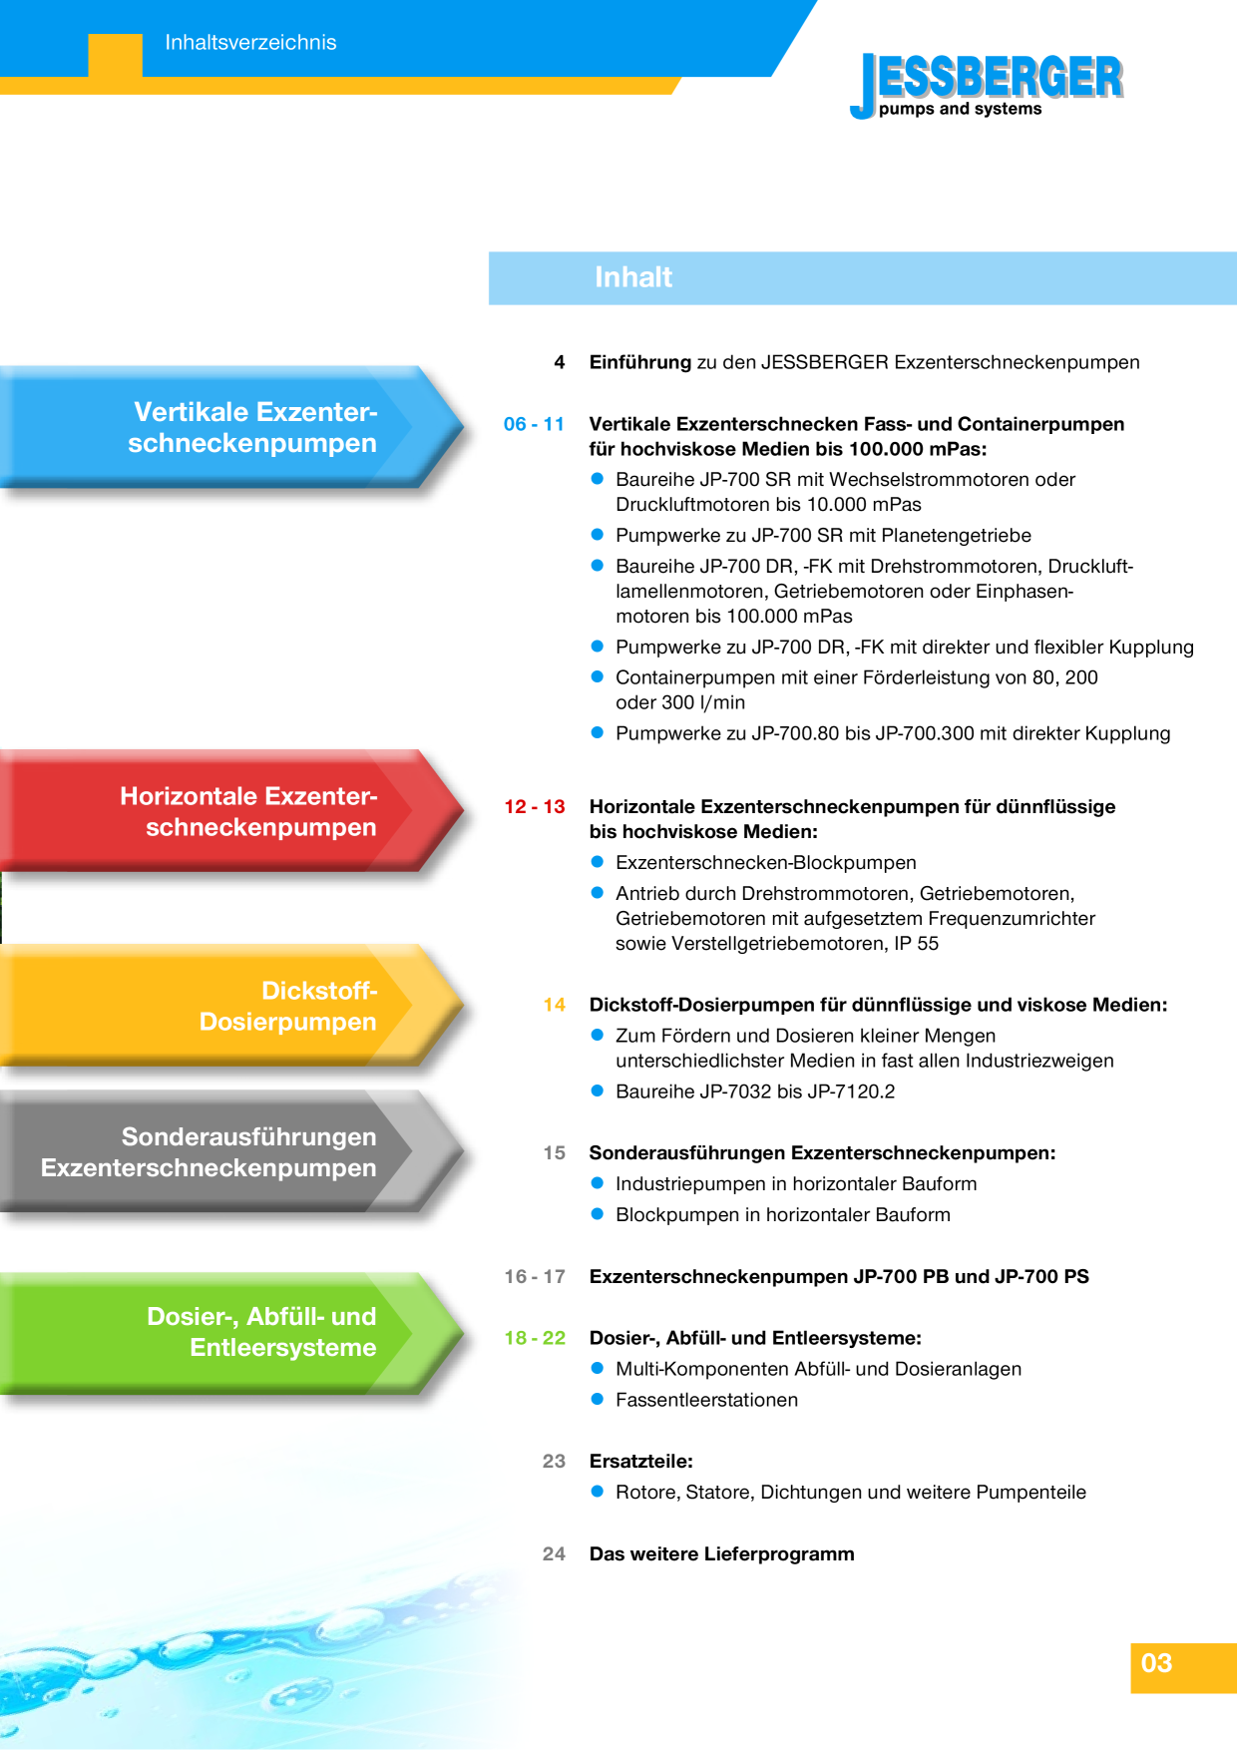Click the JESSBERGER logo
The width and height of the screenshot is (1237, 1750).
coord(987,86)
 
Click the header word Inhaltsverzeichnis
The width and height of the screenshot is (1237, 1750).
coord(250,43)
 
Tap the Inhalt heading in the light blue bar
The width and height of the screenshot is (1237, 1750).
coord(633,277)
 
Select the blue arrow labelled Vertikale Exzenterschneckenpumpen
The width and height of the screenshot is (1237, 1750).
coord(232,427)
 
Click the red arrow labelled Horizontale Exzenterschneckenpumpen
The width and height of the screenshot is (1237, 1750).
coord(232,811)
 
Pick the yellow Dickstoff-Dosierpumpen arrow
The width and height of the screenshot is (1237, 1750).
coord(232,1006)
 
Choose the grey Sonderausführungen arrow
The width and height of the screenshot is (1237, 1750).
coord(232,1151)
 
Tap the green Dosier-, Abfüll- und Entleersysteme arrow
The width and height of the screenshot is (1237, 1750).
coord(232,1333)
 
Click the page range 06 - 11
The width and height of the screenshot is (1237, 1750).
coord(534,424)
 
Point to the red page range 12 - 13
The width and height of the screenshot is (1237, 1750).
coord(535,806)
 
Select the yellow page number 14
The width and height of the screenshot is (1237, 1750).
coord(555,1005)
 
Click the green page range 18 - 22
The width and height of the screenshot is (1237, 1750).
coord(535,1338)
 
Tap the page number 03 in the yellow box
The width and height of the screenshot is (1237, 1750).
coord(1157,1663)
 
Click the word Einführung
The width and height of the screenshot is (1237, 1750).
coord(640,362)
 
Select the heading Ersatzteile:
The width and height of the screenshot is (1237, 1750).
coord(641,1462)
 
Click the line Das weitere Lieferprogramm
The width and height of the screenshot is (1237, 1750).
coord(722,1554)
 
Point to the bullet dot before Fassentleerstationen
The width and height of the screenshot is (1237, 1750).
coord(598,1399)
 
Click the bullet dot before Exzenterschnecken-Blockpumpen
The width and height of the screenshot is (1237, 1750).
coord(598,861)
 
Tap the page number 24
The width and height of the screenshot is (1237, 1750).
coord(555,1554)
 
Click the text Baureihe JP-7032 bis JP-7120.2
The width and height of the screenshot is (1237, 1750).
coord(755,1092)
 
